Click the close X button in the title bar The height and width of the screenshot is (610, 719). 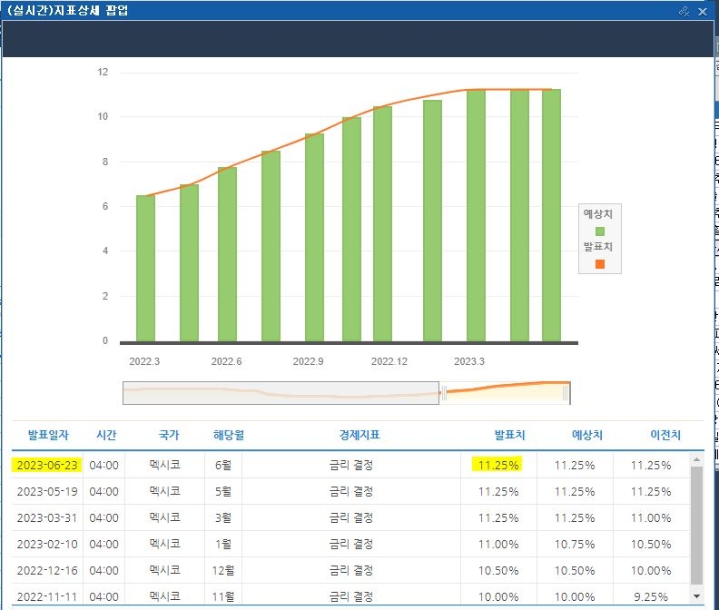(x=702, y=12)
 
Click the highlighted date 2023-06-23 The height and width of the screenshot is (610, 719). (x=47, y=465)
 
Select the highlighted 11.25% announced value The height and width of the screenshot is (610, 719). (x=498, y=465)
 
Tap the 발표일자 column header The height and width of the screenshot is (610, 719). (x=48, y=435)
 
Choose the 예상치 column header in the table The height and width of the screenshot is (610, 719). (x=587, y=435)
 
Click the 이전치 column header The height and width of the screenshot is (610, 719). (x=665, y=435)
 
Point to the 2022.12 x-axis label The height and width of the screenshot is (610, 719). (x=389, y=361)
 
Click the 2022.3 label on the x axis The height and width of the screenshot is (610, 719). (x=144, y=361)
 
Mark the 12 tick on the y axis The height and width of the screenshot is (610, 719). (x=103, y=72)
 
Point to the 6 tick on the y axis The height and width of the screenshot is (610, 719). (x=105, y=206)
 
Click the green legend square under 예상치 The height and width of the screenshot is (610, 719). (x=600, y=231)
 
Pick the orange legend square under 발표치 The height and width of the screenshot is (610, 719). (x=600, y=264)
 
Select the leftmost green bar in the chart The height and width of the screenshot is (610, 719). (x=145, y=269)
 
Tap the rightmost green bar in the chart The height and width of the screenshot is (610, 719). (x=551, y=215)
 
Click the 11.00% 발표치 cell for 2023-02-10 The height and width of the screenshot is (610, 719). (x=498, y=545)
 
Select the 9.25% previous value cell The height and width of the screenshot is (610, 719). (x=650, y=596)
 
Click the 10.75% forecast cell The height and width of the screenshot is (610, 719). (x=575, y=545)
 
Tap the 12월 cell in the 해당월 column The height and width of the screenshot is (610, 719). (x=222, y=571)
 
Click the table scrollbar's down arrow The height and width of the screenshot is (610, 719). (x=696, y=596)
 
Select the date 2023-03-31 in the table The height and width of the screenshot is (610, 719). (x=47, y=517)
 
